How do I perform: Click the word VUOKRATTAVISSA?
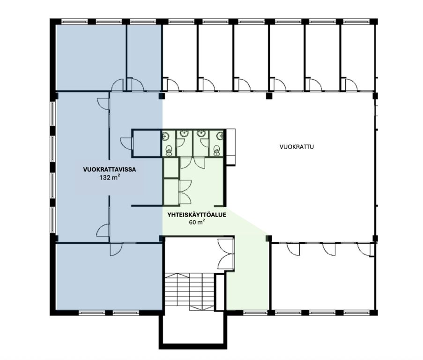[x=109, y=170]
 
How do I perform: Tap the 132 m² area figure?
[x=110, y=178]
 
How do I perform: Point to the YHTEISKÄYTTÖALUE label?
[x=197, y=215]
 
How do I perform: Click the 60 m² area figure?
[x=197, y=222]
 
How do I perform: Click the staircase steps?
[x=189, y=292]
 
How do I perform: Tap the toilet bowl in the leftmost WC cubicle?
[x=169, y=150]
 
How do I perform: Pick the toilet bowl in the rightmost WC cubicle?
[x=216, y=150]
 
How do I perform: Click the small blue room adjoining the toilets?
[x=147, y=143]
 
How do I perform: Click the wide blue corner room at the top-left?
[x=91, y=57]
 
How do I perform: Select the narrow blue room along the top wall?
[x=144, y=57]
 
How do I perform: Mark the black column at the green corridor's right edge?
[x=269, y=238]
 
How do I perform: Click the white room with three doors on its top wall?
[x=323, y=277]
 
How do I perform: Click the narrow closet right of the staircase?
[x=220, y=292]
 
